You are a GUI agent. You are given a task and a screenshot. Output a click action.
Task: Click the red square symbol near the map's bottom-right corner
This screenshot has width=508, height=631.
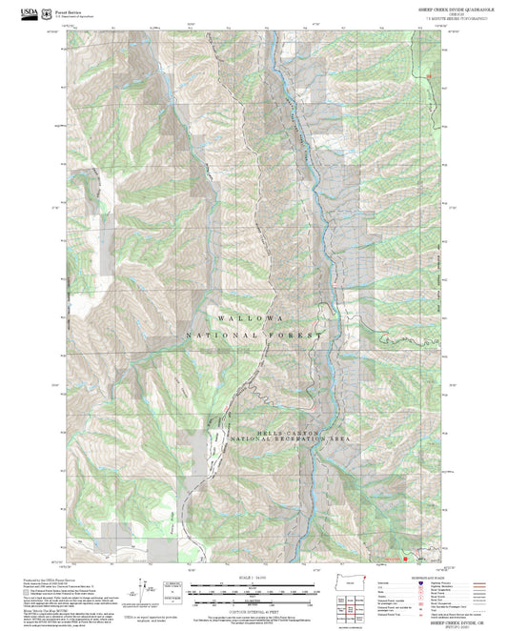pos(406,560)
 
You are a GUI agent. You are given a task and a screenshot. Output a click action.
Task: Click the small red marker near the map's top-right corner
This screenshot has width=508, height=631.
pos(430,75)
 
